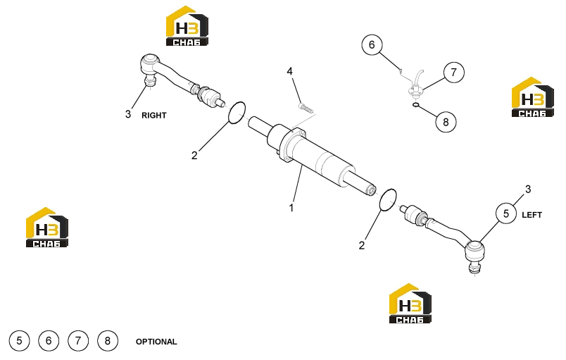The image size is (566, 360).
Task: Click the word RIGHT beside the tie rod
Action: [153, 116]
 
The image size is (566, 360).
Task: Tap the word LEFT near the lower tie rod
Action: [532, 215]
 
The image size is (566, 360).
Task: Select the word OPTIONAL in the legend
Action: [156, 342]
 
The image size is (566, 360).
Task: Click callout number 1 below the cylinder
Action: [291, 208]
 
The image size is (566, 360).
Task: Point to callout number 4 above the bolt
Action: [289, 71]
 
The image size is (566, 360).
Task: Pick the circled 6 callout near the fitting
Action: [372, 45]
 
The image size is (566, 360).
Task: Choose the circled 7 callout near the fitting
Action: [454, 73]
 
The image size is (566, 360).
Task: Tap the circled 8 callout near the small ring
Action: [446, 122]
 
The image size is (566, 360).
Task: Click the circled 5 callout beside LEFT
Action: [506, 213]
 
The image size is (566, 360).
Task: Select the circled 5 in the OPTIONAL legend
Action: [19, 340]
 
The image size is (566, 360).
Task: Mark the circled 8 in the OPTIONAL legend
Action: [108, 340]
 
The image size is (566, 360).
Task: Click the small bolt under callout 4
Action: [306, 107]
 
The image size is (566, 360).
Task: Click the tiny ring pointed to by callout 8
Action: [416, 105]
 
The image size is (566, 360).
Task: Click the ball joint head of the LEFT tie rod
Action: [474, 251]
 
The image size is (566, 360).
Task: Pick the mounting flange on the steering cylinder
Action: [293, 145]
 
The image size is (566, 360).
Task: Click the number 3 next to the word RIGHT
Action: [128, 114]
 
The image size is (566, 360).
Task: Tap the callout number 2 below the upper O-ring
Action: [194, 155]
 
